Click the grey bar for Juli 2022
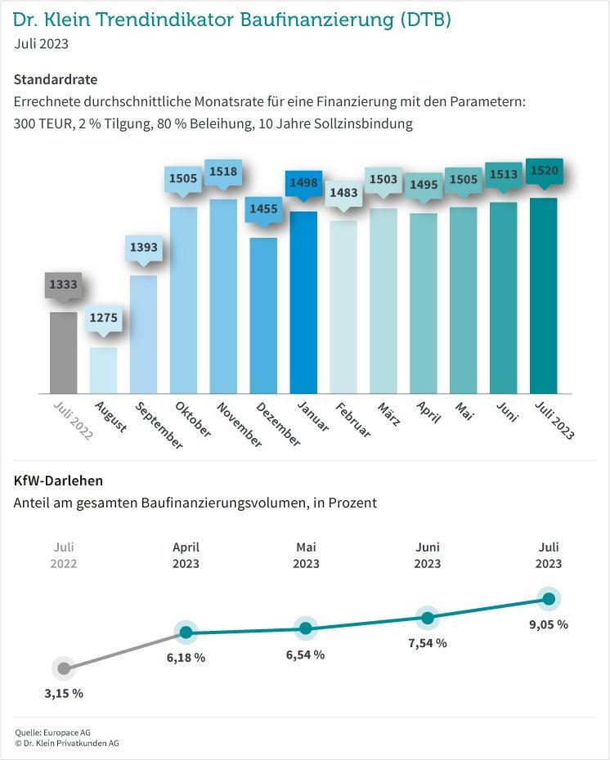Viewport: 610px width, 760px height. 64,352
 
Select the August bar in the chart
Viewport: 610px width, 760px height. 104,370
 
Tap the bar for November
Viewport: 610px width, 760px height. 223,296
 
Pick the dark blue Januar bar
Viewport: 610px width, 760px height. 303,302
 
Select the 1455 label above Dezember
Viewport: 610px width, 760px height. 263,209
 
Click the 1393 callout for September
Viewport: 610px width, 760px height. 143,248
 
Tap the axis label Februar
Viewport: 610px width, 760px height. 354,419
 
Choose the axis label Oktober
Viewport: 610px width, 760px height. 193,419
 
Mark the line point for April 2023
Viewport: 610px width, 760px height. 186,632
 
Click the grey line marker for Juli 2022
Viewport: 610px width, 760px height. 64,668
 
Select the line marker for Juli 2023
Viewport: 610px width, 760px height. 549,599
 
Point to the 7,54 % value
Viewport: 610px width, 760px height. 427,643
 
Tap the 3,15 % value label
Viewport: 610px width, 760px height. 64,693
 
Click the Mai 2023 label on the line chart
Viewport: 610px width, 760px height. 306,556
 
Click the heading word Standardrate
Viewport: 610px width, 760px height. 56,80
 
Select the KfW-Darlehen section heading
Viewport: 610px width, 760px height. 58,481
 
